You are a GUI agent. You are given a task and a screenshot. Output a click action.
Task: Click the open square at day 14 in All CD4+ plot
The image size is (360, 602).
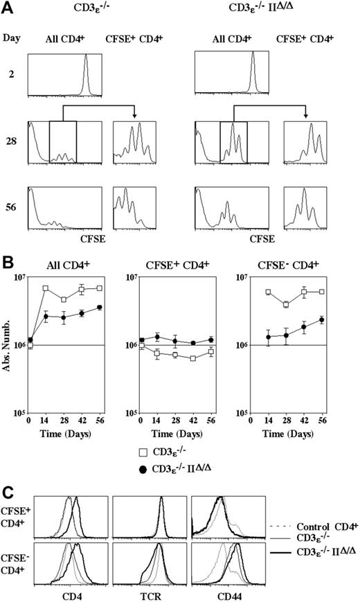click(x=46, y=288)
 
